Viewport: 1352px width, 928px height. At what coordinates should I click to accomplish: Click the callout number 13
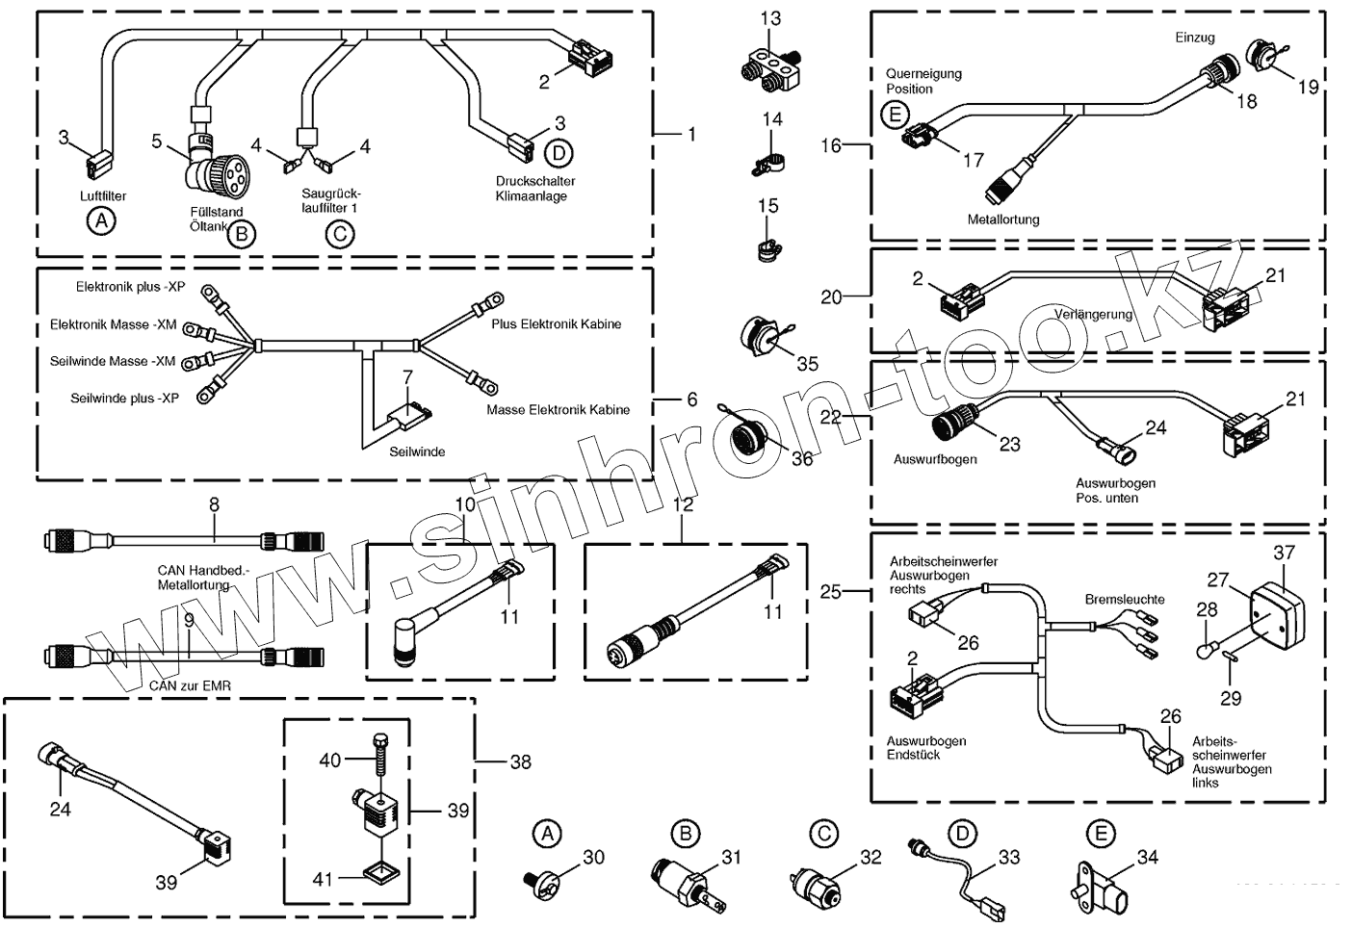(770, 18)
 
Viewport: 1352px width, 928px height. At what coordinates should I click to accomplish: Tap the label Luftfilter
(103, 195)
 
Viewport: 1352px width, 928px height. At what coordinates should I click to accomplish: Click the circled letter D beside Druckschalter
(557, 152)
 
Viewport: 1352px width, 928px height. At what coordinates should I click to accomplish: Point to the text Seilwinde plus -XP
(124, 398)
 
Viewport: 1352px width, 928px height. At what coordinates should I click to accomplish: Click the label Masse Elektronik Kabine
(558, 409)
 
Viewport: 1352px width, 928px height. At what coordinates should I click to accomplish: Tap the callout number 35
(807, 363)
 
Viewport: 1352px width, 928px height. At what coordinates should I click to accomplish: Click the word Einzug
(1194, 38)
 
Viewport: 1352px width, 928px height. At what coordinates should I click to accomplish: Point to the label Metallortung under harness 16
(1003, 219)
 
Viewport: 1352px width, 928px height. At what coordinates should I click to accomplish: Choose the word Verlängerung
(1093, 315)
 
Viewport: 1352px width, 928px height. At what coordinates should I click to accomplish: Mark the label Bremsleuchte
(1125, 599)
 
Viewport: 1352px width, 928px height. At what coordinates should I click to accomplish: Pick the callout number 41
(322, 878)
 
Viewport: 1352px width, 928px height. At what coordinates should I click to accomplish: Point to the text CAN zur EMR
(190, 685)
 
